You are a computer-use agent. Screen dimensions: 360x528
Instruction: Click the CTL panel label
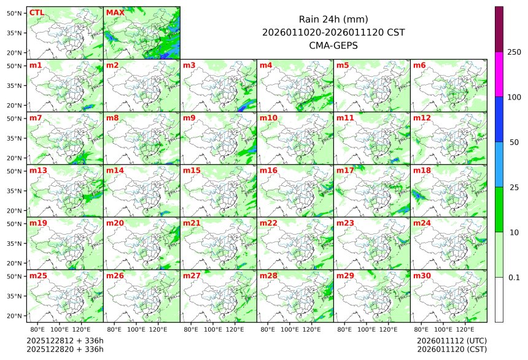tap(36, 12)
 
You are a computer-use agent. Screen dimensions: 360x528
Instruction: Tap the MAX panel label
tap(114, 12)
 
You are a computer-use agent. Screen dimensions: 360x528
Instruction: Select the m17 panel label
tap(344, 170)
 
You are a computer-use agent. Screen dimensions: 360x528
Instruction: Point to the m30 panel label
tap(421, 276)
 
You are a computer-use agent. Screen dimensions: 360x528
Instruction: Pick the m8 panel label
tap(112, 117)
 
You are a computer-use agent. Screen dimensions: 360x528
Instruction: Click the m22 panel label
tap(268, 223)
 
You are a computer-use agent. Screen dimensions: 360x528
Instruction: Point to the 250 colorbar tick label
tap(514, 52)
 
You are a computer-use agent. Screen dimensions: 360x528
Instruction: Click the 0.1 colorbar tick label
tap(514, 278)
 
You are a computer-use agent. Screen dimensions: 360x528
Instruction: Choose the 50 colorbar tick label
tap(514, 143)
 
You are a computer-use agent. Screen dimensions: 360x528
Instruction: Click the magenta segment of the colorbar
tap(499, 74)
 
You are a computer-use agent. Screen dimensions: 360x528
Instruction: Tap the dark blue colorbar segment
tap(499, 119)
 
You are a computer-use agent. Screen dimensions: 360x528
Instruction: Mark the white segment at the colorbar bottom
tap(499, 299)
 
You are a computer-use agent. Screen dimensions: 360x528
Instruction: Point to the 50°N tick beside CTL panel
tap(15, 13)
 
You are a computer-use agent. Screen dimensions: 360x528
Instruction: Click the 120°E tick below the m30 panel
tap(465, 330)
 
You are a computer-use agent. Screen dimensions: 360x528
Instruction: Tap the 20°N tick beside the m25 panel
tap(15, 316)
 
